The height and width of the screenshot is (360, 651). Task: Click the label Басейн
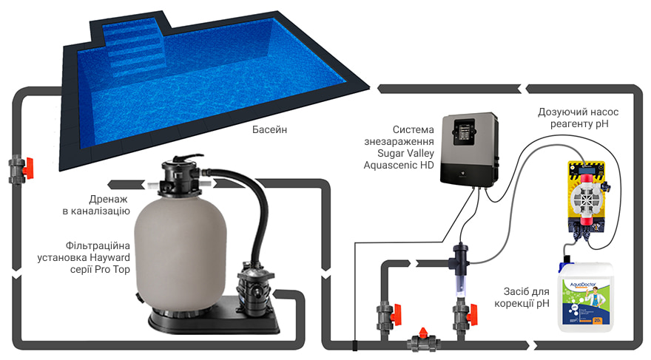269,129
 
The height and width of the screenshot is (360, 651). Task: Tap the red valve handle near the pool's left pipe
28,168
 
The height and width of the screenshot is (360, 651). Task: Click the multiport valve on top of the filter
181,176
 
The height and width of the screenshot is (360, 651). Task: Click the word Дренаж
108,200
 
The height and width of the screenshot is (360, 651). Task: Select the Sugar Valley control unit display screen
464,132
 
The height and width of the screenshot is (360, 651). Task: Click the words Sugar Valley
405,154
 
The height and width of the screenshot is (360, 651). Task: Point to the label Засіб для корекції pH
522,297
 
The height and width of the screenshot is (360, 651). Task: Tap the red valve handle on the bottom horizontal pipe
423,332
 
